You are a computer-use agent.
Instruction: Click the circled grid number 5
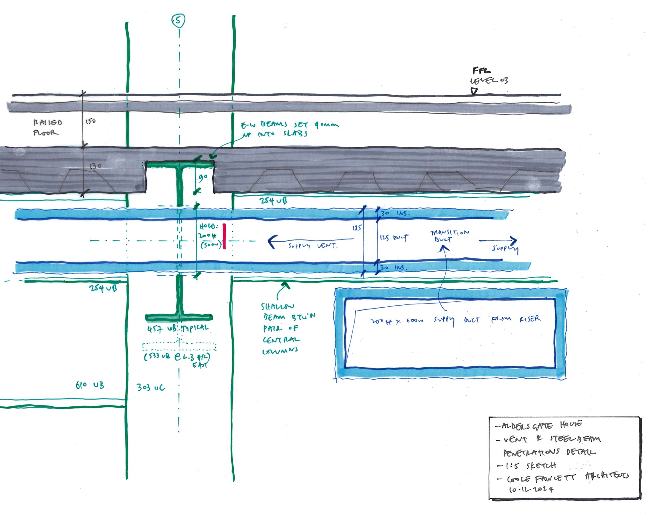(x=178, y=21)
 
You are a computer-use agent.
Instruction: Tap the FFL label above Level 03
(x=481, y=70)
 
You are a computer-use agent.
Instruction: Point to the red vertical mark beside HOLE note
(x=224, y=236)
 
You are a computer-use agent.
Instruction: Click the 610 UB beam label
(x=90, y=385)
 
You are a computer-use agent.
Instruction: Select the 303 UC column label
(x=150, y=387)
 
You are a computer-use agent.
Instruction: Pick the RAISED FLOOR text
(x=47, y=127)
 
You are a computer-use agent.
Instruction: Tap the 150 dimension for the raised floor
(x=91, y=121)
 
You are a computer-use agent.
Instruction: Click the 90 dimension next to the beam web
(x=203, y=178)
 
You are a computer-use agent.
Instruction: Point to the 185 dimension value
(x=357, y=227)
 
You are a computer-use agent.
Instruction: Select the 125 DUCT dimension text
(x=394, y=238)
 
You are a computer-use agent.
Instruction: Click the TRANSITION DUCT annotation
(x=449, y=236)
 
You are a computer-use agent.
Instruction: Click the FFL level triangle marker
(x=474, y=91)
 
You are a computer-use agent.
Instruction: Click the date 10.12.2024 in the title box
(x=531, y=489)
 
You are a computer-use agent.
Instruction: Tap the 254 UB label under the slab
(x=273, y=201)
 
